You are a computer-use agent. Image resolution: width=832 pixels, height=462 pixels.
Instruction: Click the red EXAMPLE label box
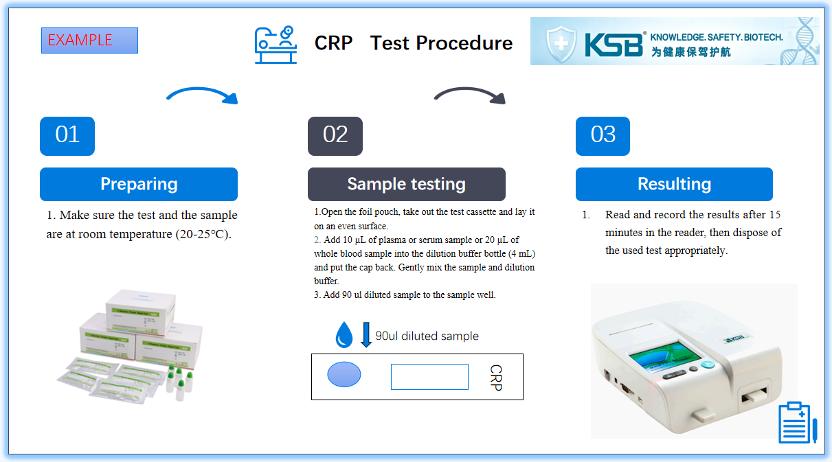[89, 41]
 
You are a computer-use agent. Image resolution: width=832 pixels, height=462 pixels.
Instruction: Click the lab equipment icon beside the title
[276, 45]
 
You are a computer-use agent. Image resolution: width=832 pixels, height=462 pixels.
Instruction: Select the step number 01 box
[67, 136]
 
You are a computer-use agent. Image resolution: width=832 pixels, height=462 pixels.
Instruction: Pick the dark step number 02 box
[335, 136]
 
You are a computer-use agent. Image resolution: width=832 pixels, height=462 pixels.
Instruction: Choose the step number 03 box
[603, 136]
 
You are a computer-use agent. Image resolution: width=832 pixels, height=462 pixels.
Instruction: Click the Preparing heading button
[139, 184]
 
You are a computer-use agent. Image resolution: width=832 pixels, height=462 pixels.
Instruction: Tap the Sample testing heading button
[406, 184]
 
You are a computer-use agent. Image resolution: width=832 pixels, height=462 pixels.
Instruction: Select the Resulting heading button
[674, 184]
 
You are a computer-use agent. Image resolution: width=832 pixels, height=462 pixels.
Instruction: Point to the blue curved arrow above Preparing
[203, 95]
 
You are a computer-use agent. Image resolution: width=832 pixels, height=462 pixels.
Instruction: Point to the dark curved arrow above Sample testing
[471, 95]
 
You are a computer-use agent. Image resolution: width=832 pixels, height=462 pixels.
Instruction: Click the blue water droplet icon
[344, 335]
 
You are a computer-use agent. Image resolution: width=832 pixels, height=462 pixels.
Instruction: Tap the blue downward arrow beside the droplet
[366, 335]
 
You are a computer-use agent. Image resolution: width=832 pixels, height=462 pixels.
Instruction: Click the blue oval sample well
[344, 375]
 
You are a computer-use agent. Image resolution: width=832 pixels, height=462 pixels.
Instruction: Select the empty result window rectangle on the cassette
[429, 377]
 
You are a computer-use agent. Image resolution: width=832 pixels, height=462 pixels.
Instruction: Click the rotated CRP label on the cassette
[496, 378]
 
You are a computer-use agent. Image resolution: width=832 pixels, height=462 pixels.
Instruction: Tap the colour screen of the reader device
[665, 356]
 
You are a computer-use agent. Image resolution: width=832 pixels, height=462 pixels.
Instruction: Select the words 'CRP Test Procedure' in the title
[413, 43]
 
